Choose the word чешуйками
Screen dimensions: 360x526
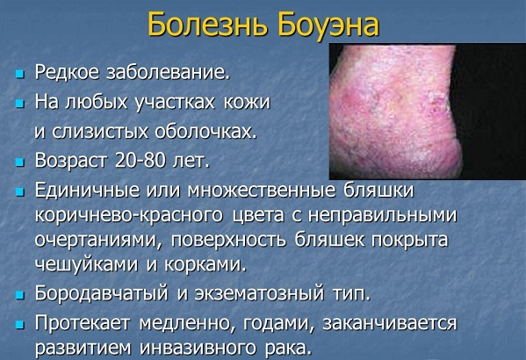(x=83, y=263)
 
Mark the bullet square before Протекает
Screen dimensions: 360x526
(x=19, y=324)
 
